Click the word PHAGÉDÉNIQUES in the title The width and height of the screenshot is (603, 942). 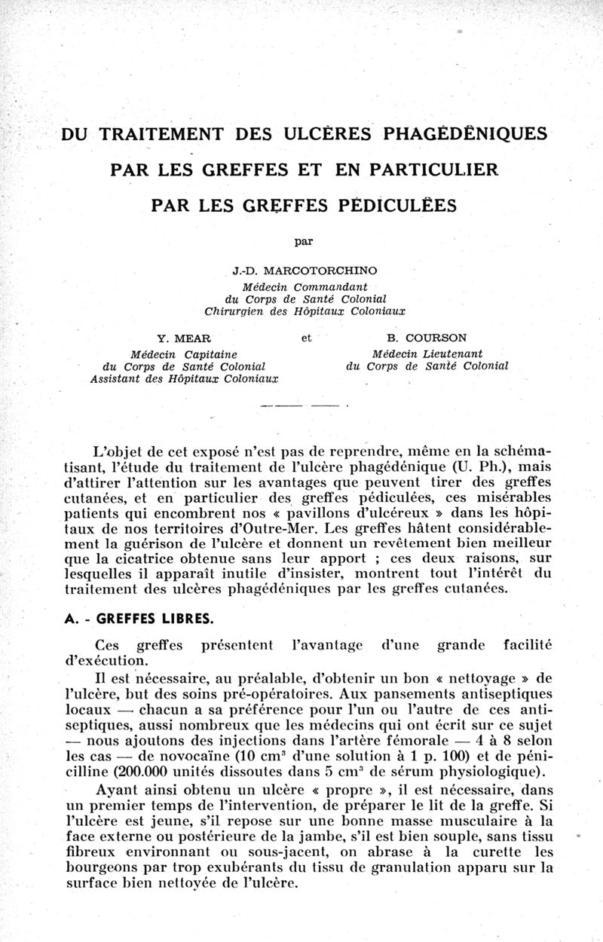coord(465,134)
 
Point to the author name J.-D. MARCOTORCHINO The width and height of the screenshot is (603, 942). coord(305,270)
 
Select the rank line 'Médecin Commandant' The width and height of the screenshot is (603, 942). coord(305,287)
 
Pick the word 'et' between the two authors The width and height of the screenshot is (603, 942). coord(306,338)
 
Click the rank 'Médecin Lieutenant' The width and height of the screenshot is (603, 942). coord(427,353)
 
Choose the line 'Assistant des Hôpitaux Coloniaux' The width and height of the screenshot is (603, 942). coord(184,379)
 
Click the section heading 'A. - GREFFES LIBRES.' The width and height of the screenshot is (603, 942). coord(139,620)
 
